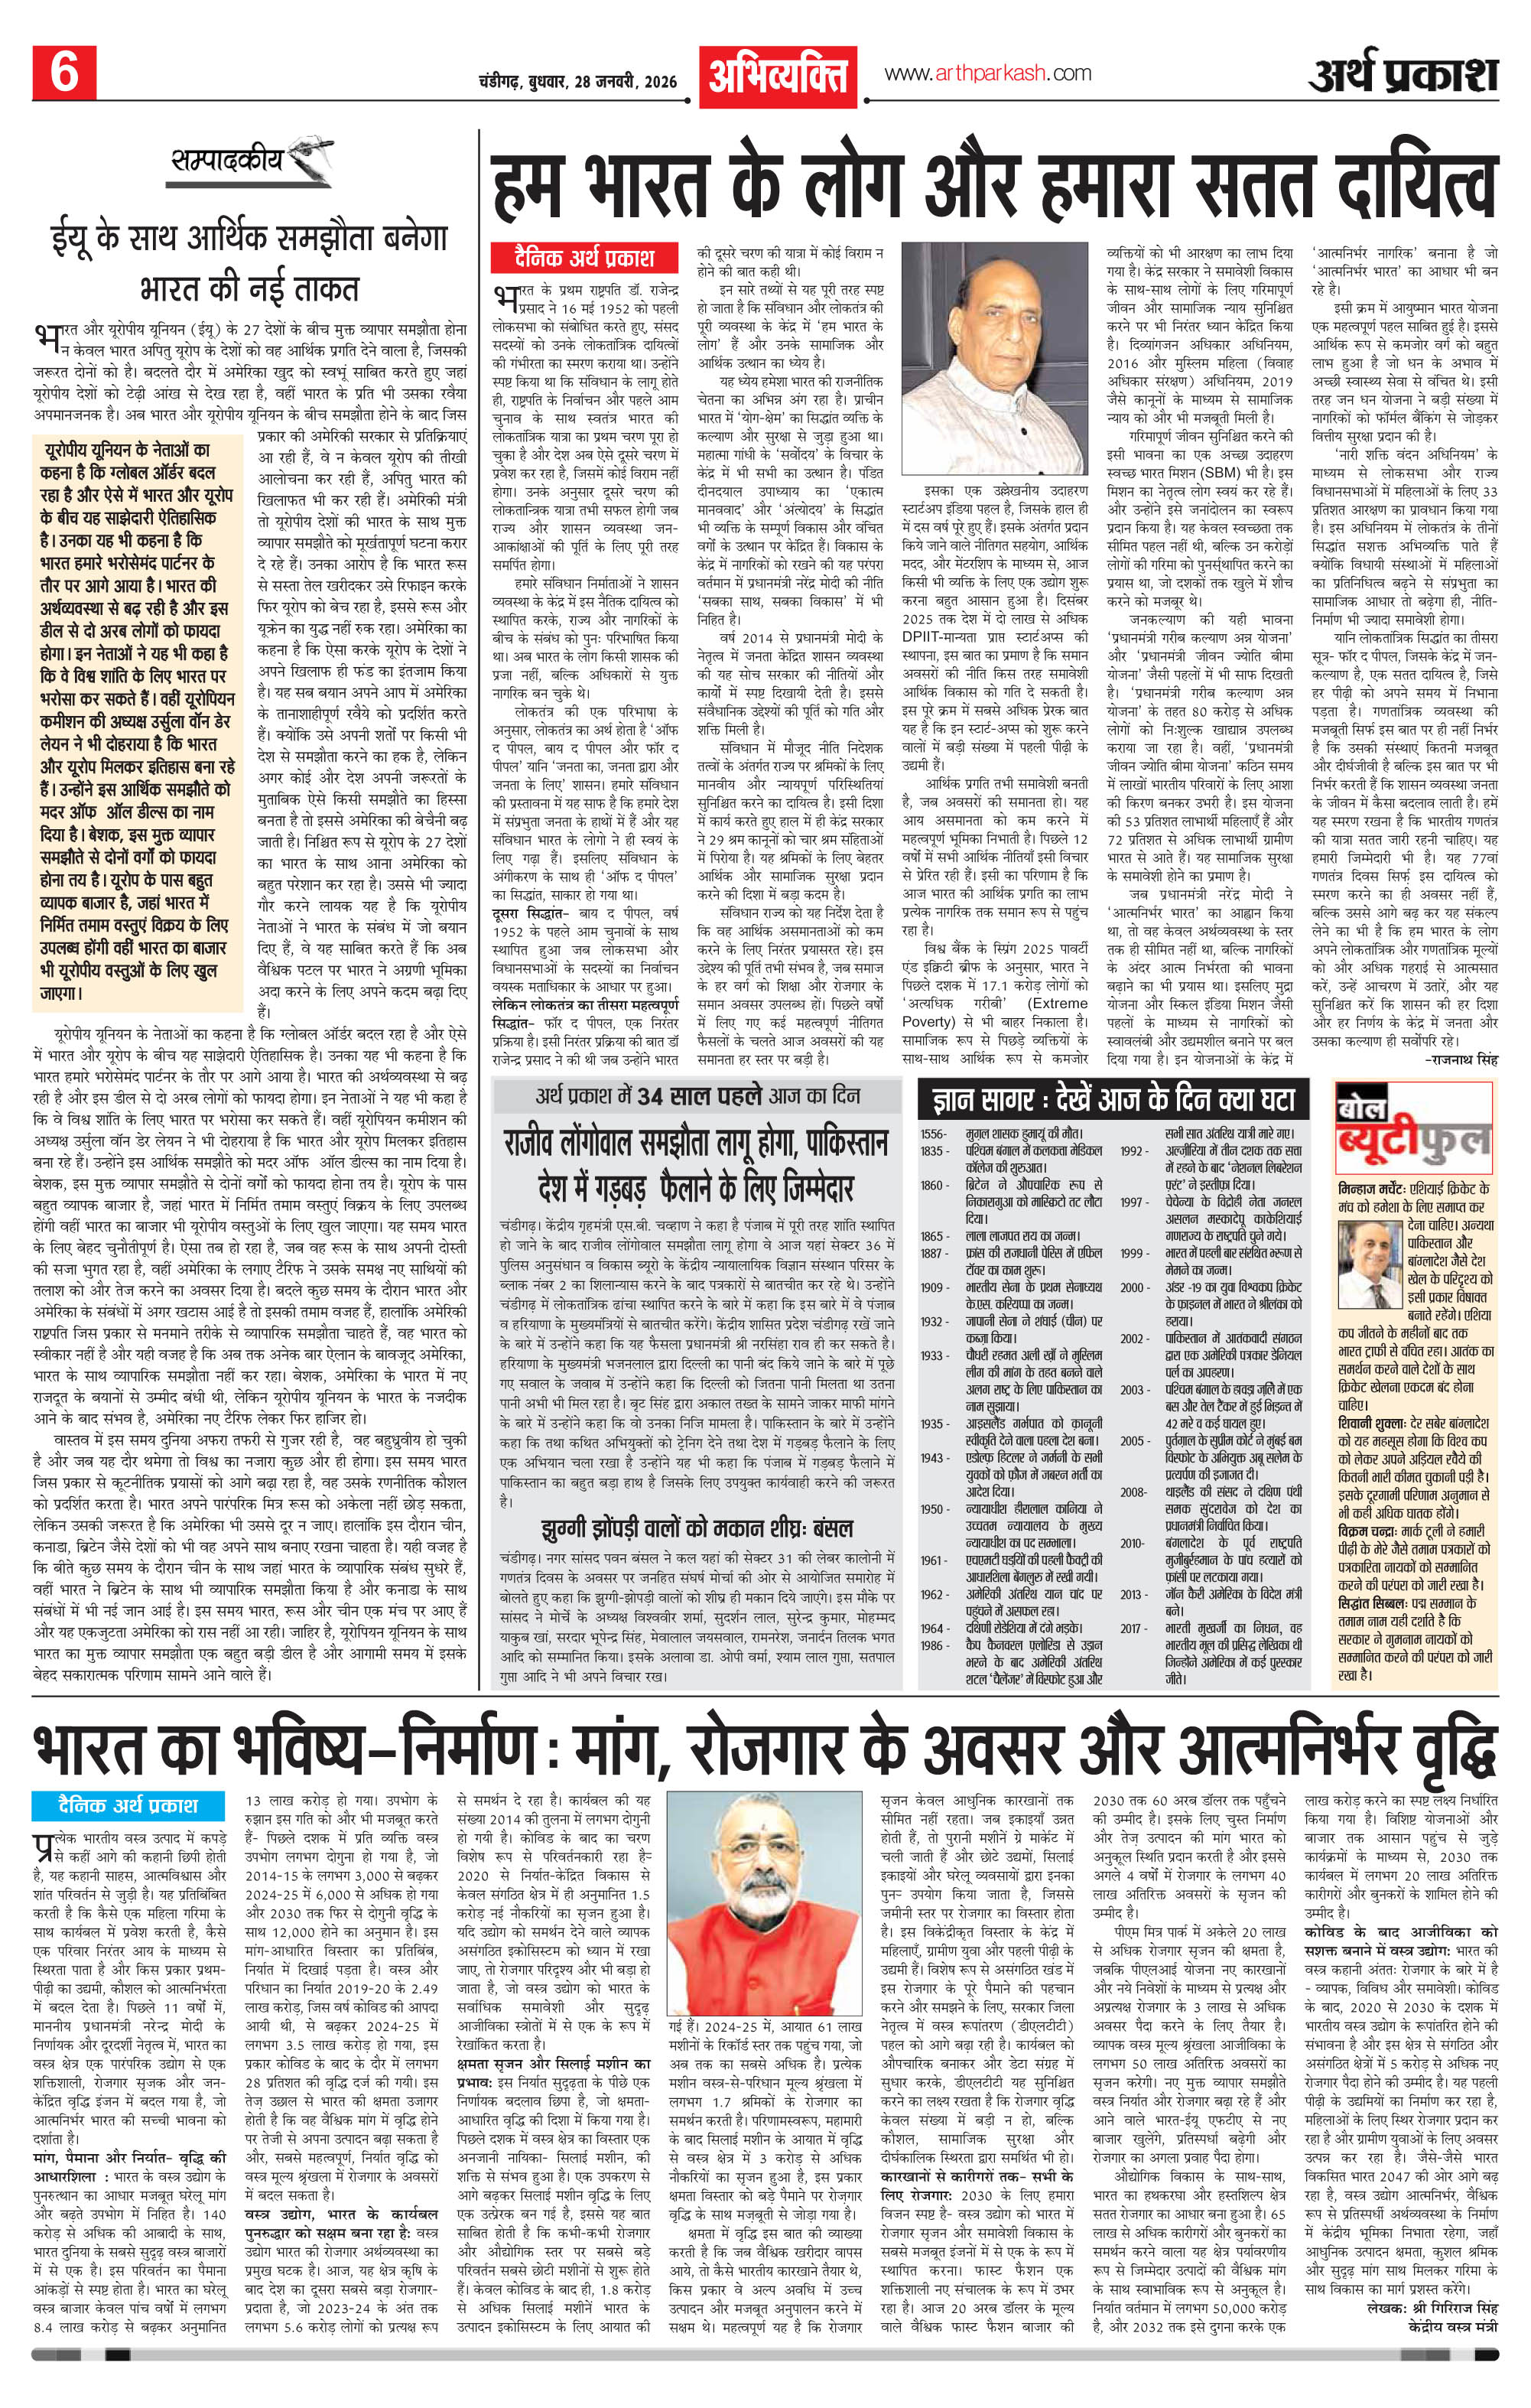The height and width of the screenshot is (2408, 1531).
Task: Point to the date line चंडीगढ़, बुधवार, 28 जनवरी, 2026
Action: click(x=584, y=81)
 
